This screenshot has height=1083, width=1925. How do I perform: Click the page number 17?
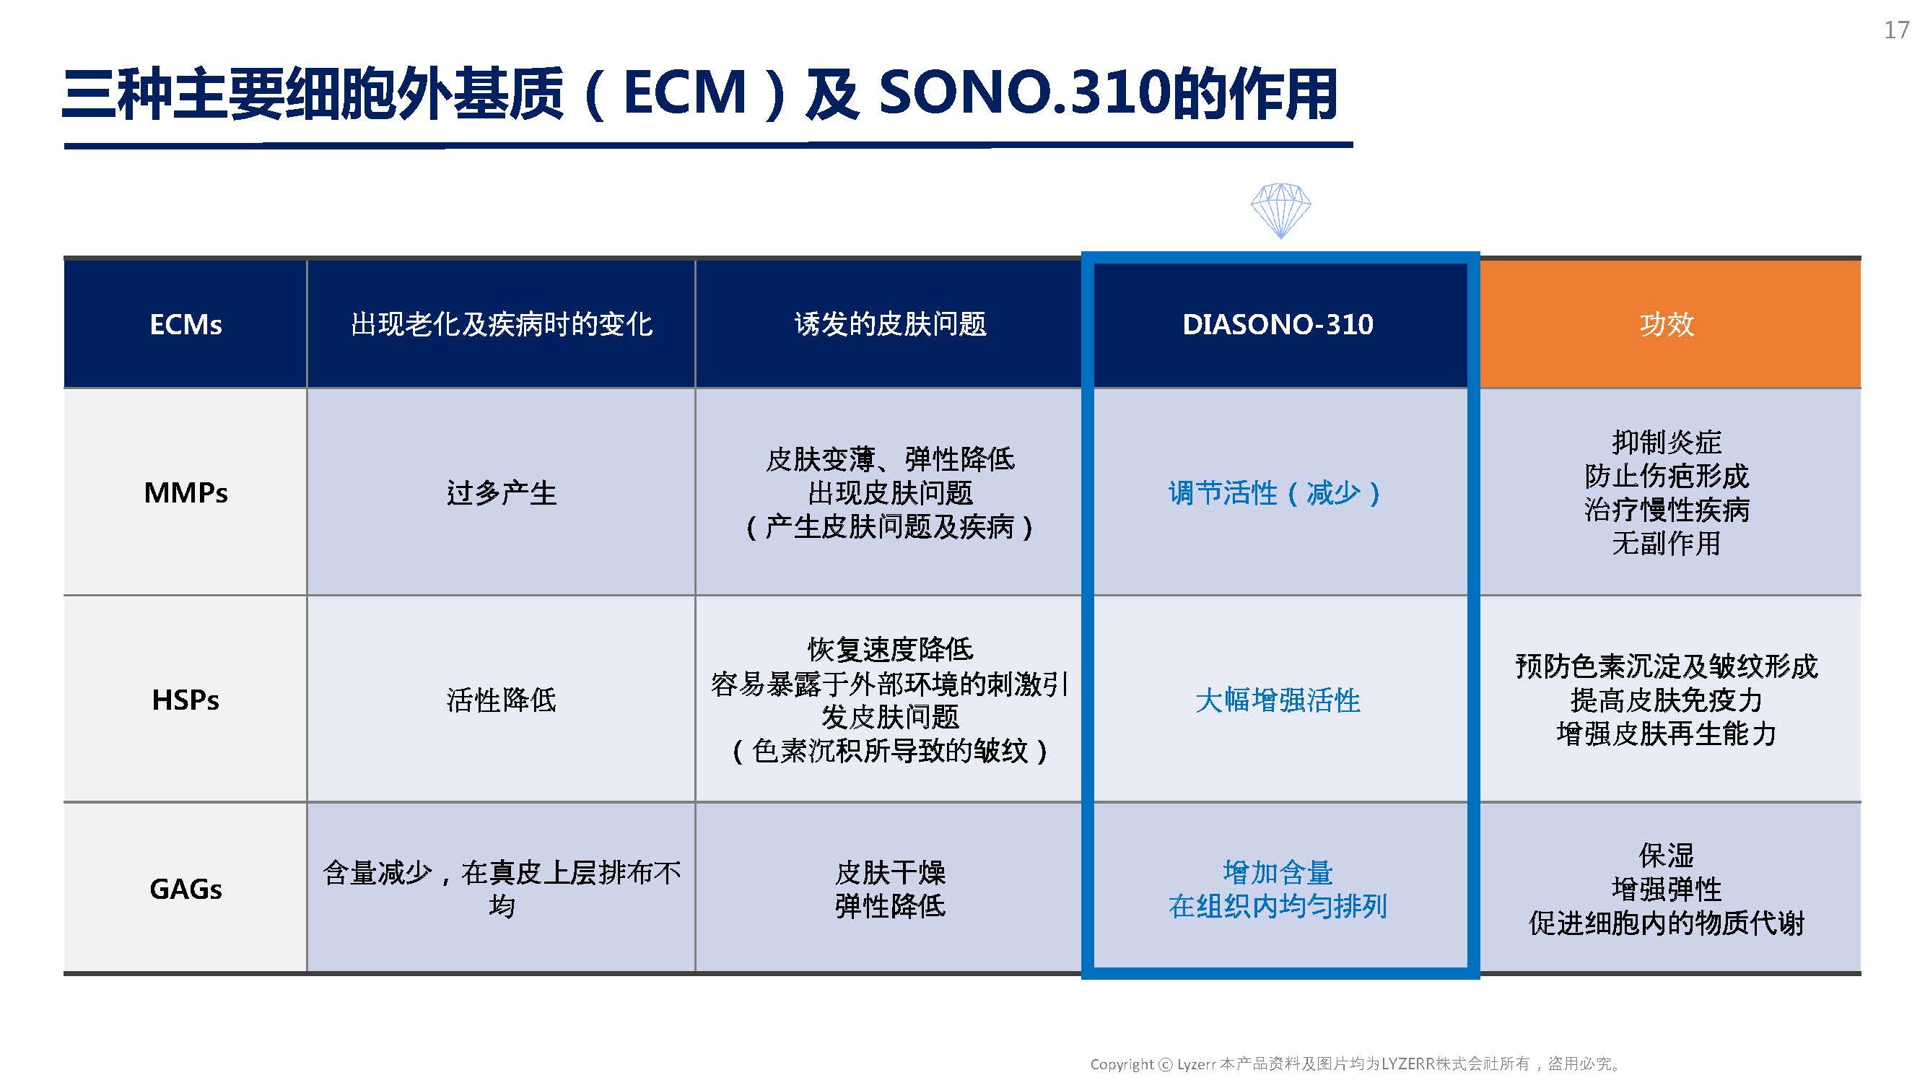1897,30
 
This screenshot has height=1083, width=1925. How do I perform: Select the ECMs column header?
185,324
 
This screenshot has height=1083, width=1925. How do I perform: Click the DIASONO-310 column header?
1278,324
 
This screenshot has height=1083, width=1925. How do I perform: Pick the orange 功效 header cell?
1669,324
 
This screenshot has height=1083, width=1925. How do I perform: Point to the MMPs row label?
185,492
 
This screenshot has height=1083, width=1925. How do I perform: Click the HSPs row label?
185,700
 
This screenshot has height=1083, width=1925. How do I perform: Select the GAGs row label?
185,890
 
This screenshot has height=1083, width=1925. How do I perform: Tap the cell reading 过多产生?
502,492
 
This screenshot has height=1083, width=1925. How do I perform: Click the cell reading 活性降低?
502,700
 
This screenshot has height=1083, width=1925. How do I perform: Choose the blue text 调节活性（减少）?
1275,493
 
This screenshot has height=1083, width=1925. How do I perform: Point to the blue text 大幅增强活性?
1278,700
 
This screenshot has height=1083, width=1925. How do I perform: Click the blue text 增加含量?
1278,872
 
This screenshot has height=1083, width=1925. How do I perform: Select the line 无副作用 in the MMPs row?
1667,544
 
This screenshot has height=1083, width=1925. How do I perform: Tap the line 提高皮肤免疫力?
1667,700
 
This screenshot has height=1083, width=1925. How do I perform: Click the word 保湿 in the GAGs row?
1667,855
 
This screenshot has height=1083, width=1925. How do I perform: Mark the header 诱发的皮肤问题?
890,324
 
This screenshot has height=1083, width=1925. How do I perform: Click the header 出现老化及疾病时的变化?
502,324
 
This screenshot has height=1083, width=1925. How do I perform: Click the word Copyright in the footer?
1122,1064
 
